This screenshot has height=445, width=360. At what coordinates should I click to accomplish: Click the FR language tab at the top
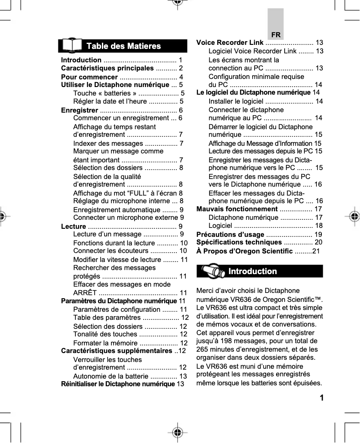point(276,35)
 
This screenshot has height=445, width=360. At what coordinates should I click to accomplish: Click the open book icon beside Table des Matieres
point(72,46)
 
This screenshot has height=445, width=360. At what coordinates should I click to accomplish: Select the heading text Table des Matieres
point(123,46)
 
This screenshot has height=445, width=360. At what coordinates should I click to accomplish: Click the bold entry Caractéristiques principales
point(107,68)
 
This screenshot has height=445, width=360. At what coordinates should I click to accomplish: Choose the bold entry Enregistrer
point(79,110)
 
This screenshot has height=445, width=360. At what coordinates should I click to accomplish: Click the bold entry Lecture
point(74,226)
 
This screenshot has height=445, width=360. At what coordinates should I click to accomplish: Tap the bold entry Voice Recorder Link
point(230,43)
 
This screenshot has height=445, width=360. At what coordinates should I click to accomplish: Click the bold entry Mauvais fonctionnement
point(237,209)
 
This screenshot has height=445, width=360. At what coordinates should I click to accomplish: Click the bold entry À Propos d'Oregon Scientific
point(245,251)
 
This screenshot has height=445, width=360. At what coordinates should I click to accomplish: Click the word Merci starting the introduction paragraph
point(206,291)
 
